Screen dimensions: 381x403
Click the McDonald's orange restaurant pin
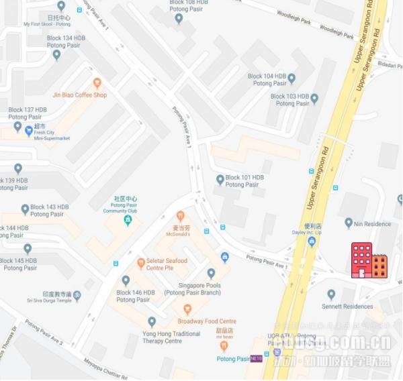coord(180,216)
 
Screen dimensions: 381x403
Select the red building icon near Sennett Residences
coord(369,261)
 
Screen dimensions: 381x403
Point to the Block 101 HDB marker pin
coord(220,179)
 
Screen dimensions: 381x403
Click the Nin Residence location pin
coord(349,223)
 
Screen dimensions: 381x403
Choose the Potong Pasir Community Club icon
coord(127,220)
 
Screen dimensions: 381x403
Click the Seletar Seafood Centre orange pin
coord(141,262)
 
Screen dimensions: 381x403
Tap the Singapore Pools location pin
coord(211,273)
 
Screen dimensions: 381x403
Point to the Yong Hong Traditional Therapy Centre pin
coord(152,322)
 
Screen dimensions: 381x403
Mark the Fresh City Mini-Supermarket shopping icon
coord(28,131)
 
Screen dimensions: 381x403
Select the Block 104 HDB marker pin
coord(292,78)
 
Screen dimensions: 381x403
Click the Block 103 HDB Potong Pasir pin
coord(314,99)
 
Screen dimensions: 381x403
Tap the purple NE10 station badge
coord(255,360)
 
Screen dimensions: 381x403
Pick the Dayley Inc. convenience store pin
coord(311,241)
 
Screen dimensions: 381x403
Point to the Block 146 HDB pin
coord(126,280)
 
